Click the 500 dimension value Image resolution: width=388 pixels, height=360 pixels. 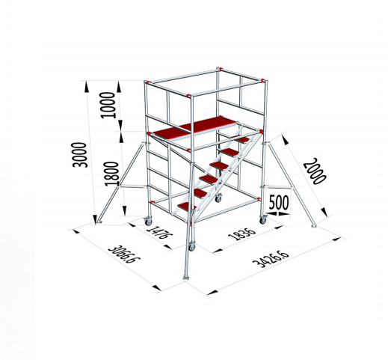coord(280,203)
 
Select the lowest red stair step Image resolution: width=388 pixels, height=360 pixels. coord(189,206)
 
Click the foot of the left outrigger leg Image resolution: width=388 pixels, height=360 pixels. coord(98,222)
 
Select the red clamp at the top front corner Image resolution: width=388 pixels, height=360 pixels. coord(187,95)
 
